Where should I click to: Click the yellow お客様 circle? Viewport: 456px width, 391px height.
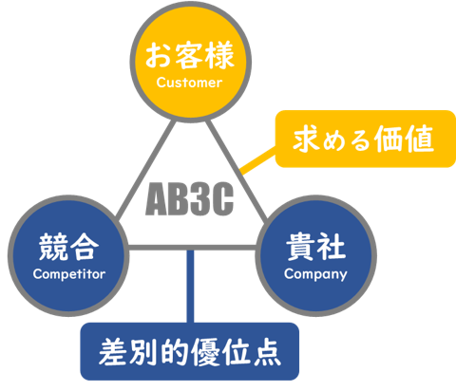[190, 62]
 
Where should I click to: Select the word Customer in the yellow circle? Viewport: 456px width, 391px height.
[189, 83]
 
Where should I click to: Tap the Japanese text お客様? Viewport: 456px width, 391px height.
[190, 56]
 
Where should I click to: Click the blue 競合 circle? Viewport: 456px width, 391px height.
[68, 255]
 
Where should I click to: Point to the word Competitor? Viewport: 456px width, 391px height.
[69, 274]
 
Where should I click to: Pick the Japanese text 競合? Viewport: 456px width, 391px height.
[68, 247]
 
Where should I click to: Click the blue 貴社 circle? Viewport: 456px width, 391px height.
[315, 255]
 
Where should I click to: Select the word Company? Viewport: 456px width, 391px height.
[315, 274]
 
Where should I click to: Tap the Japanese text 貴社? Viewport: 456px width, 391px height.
[315, 247]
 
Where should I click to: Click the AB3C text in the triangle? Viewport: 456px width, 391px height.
[189, 199]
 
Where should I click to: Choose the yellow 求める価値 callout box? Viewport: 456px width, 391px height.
[366, 139]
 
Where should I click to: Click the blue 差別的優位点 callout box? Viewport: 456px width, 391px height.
[190, 351]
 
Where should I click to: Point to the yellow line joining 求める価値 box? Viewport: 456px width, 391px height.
[257, 160]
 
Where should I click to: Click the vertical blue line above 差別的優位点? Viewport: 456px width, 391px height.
[190, 287]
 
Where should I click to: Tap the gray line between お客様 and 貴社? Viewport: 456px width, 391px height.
[237, 170]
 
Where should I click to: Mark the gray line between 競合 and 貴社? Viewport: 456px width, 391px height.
[192, 248]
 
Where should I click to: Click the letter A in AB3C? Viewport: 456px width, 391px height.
[157, 199]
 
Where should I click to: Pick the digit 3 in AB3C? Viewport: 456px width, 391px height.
[199, 199]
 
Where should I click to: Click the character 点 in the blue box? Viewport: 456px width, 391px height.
[267, 352]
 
